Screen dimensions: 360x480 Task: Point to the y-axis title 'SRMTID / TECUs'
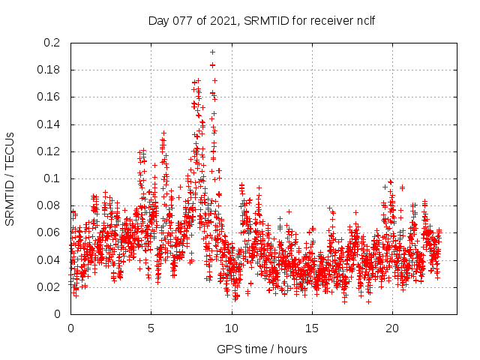(10, 178)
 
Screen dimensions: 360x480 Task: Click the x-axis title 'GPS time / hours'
(262, 349)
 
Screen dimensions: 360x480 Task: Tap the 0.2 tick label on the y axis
(52, 43)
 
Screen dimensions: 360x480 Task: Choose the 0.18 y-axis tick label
(49, 70)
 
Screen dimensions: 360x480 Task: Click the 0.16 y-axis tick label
(49, 97)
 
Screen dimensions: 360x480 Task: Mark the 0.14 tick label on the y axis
(49, 124)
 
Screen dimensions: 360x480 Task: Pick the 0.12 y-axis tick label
(49, 151)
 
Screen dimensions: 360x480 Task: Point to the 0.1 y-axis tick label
(52, 178)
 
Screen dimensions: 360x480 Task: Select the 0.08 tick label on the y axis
(49, 205)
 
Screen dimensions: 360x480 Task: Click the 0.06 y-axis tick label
(49, 232)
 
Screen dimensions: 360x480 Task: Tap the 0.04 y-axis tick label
(49, 260)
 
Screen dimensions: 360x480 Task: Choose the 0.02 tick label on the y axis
(49, 287)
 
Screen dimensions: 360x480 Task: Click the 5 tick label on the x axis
(151, 328)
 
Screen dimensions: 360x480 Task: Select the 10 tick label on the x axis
(231, 328)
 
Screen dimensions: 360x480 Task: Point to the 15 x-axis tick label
(311, 328)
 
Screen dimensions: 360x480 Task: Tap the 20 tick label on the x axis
(391, 328)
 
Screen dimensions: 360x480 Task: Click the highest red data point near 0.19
(212, 52)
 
